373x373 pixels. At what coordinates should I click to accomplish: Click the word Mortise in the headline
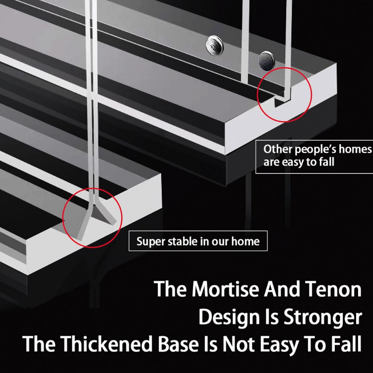[223, 290]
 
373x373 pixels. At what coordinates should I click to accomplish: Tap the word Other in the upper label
[276, 150]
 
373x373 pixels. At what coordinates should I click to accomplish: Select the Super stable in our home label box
[198, 242]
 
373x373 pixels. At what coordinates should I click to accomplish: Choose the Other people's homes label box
[314, 156]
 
